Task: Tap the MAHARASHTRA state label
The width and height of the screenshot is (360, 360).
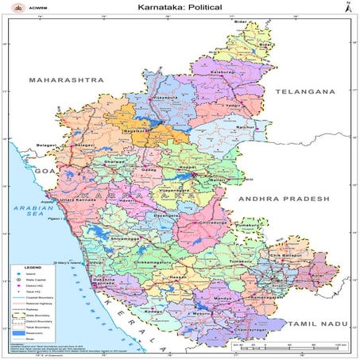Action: (66, 81)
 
